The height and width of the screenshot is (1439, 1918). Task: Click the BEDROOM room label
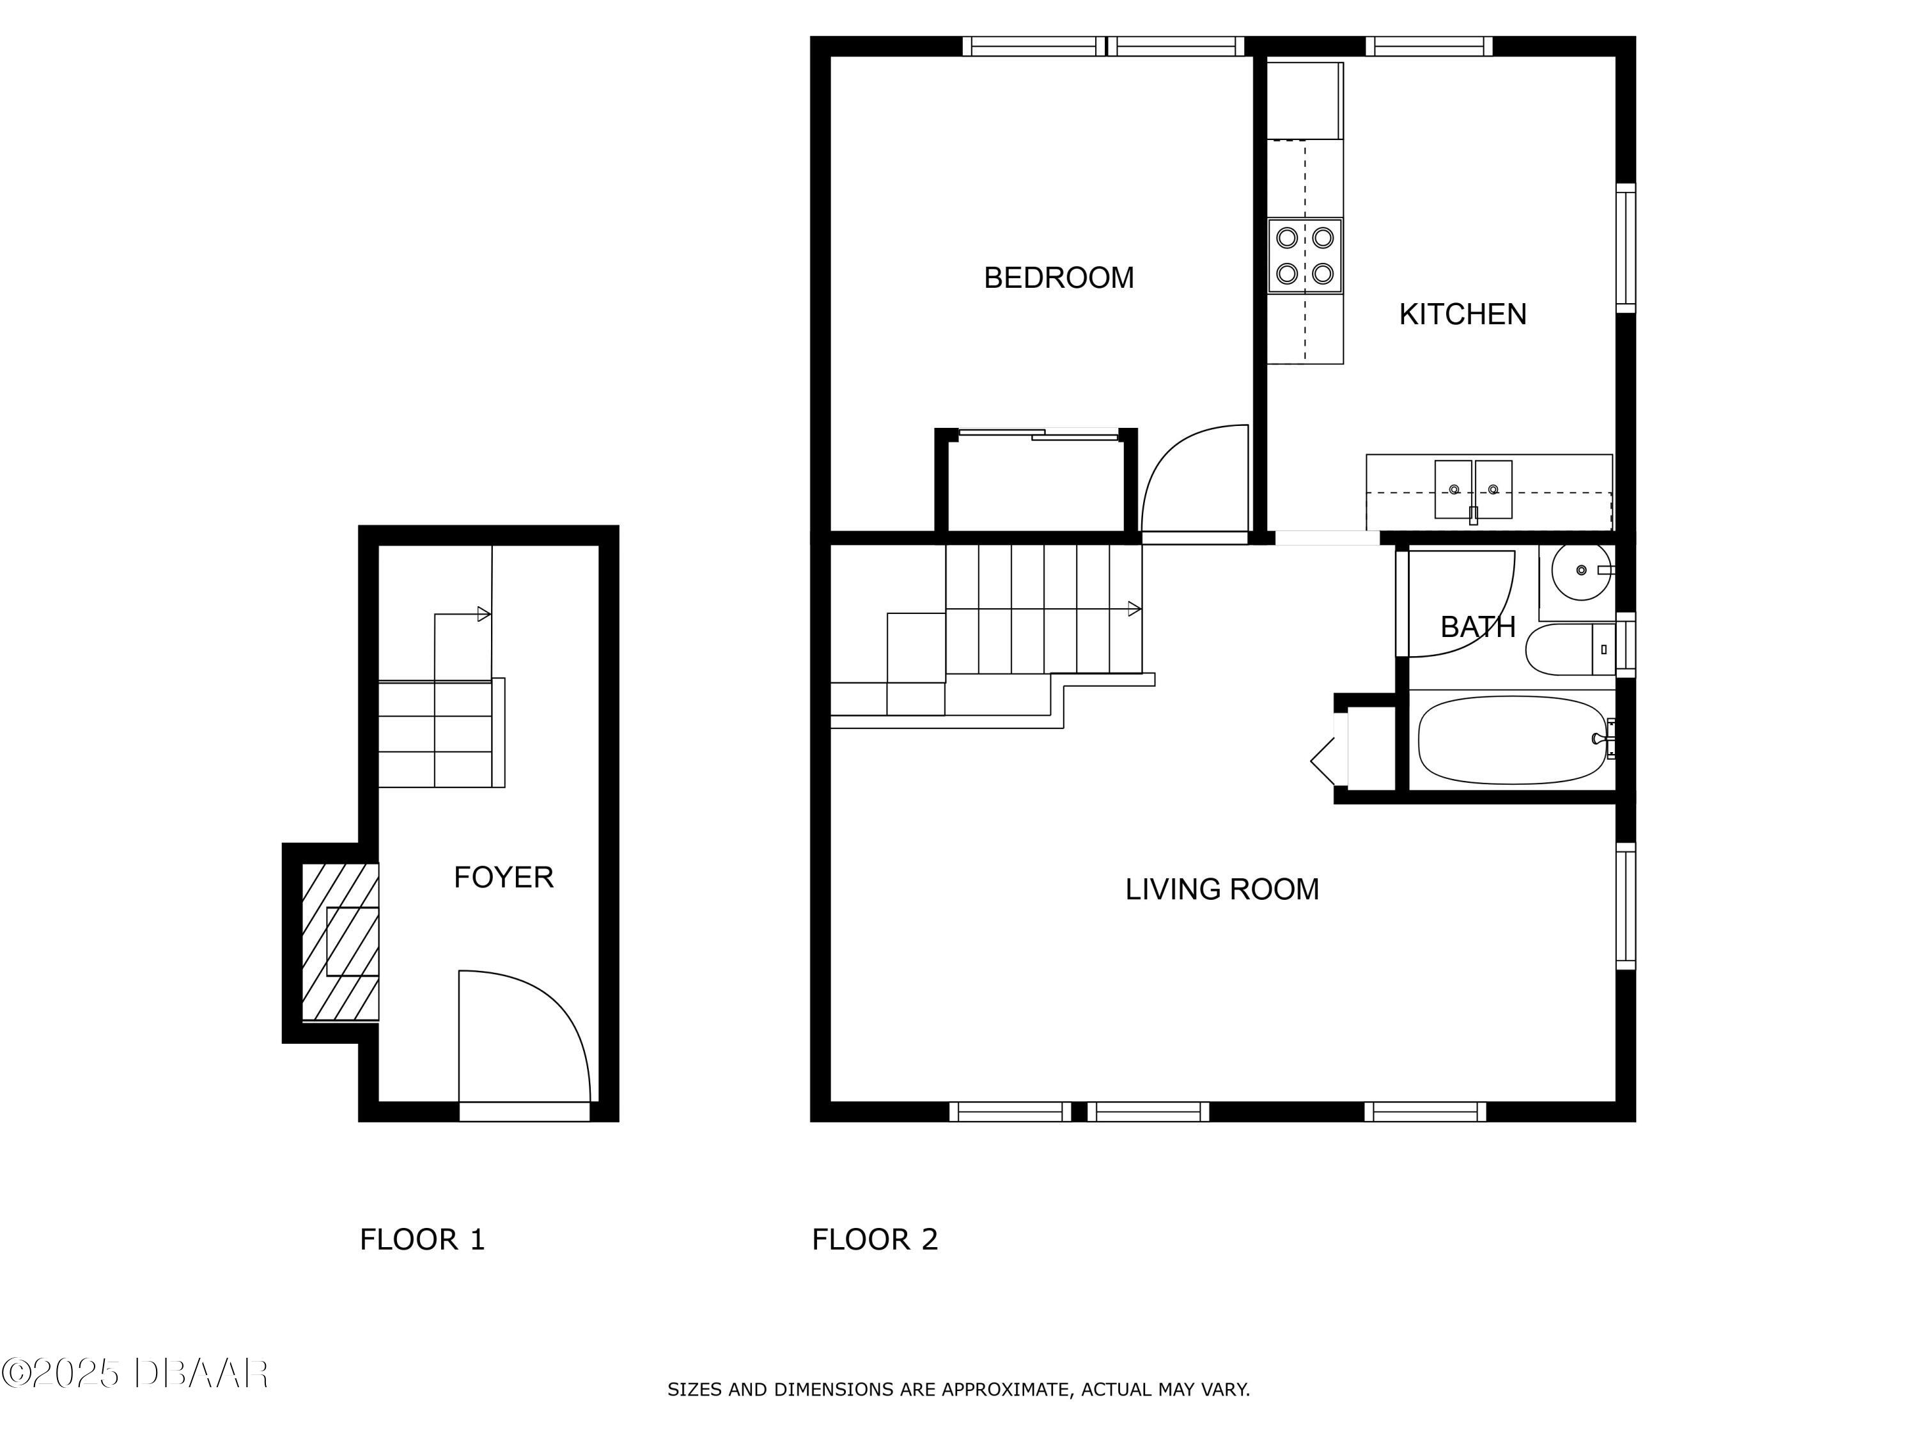point(1058,278)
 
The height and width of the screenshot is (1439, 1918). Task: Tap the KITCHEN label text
point(1462,314)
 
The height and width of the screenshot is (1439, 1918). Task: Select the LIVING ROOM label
point(1222,889)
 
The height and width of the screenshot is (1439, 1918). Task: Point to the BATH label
point(1477,626)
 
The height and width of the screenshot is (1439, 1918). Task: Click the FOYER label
point(503,877)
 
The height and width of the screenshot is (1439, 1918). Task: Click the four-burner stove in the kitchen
point(1304,256)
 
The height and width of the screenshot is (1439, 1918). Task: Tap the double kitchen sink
point(1472,490)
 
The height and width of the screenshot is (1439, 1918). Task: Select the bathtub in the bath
point(1511,740)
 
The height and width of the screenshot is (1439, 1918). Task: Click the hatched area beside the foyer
point(339,942)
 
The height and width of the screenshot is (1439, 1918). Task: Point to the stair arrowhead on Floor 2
point(1134,609)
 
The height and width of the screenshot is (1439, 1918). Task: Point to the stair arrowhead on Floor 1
point(484,614)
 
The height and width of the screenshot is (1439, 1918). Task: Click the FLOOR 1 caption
point(422,1239)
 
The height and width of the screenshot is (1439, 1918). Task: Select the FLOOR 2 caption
point(874,1239)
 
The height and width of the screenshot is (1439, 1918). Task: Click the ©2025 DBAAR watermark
point(134,1373)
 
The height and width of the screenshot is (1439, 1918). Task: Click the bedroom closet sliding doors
point(1038,434)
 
